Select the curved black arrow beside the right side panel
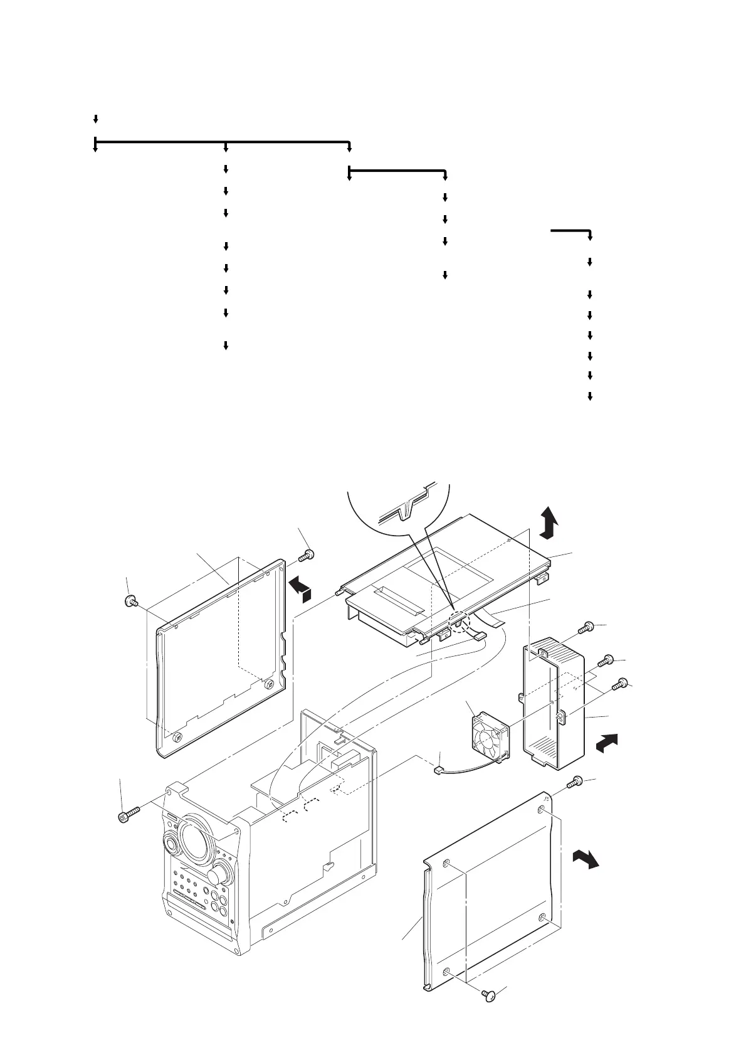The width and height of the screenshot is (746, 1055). click(586, 859)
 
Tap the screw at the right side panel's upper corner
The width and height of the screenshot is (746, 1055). click(575, 782)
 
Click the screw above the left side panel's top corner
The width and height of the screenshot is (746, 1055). click(307, 555)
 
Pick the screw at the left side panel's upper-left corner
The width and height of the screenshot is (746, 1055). click(132, 602)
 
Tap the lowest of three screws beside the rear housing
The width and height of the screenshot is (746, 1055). click(622, 684)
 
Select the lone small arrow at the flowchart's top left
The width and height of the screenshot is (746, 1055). click(95, 119)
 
